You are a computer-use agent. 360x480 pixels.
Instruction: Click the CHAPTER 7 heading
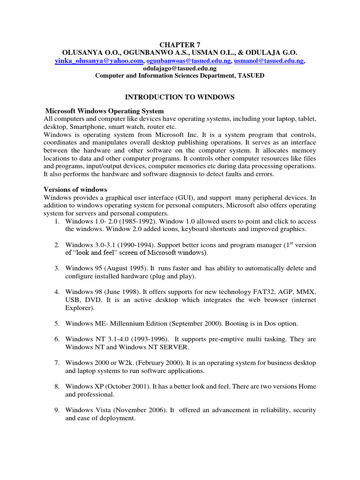(180, 44)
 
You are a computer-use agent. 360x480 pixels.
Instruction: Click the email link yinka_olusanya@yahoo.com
(99, 61)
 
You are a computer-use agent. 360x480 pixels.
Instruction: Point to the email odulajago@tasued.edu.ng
(180, 68)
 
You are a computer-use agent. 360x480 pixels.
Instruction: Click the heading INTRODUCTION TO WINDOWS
(180, 97)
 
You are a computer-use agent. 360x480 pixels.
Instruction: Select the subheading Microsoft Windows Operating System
(105, 111)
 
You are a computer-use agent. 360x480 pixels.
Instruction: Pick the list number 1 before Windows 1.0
(56, 221)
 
